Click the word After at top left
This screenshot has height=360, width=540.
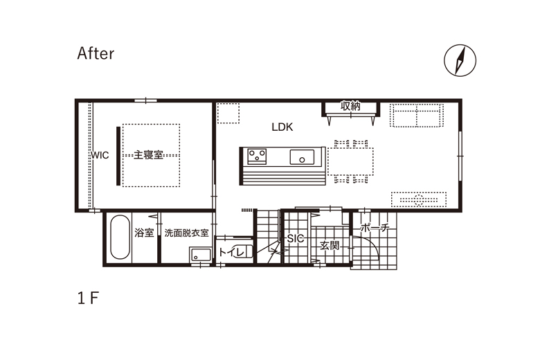coord(96,53)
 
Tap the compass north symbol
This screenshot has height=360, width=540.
coord(460,60)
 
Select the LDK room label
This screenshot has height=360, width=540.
coord(282,127)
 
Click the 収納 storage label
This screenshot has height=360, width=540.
coord(350,106)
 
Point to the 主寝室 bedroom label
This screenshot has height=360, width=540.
coord(148,154)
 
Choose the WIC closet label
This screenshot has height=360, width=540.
coord(100,155)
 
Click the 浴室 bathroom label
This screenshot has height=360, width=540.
coord(144,233)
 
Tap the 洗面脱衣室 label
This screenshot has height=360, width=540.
coord(186,233)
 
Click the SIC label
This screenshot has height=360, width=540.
coord(296,238)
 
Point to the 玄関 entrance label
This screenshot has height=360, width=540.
coord(330,246)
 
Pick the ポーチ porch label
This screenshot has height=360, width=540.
coord(375,228)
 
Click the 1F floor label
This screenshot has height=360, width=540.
coord(88,298)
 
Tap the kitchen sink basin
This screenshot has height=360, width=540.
coord(302,157)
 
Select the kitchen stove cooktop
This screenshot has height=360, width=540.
coord(257,156)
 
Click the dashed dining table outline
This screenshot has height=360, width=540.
coord(350,161)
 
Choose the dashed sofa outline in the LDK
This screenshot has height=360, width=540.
coord(416,115)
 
